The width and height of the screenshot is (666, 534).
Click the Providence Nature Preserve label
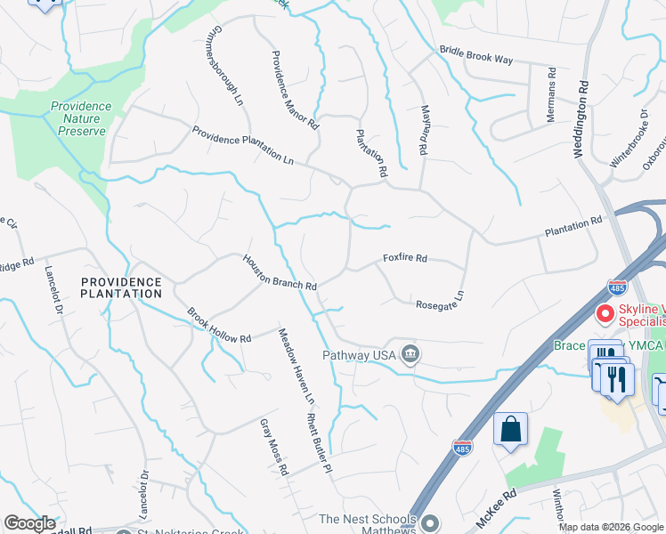coord(80,118)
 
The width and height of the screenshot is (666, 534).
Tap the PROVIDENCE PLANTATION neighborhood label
coord(121,287)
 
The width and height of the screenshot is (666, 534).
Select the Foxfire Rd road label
coord(405,258)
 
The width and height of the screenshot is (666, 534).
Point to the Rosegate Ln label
coord(441,300)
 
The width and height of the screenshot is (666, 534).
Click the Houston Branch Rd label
coord(280,272)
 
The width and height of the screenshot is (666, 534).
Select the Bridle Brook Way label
coord(476,55)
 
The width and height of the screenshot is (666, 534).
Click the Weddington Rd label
coord(580,121)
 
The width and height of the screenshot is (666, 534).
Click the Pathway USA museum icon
coord(410,355)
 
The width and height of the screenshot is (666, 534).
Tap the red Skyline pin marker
coord(606,314)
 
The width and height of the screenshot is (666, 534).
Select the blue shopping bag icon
coord(511,429)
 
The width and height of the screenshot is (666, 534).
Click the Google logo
coord(29,523)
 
